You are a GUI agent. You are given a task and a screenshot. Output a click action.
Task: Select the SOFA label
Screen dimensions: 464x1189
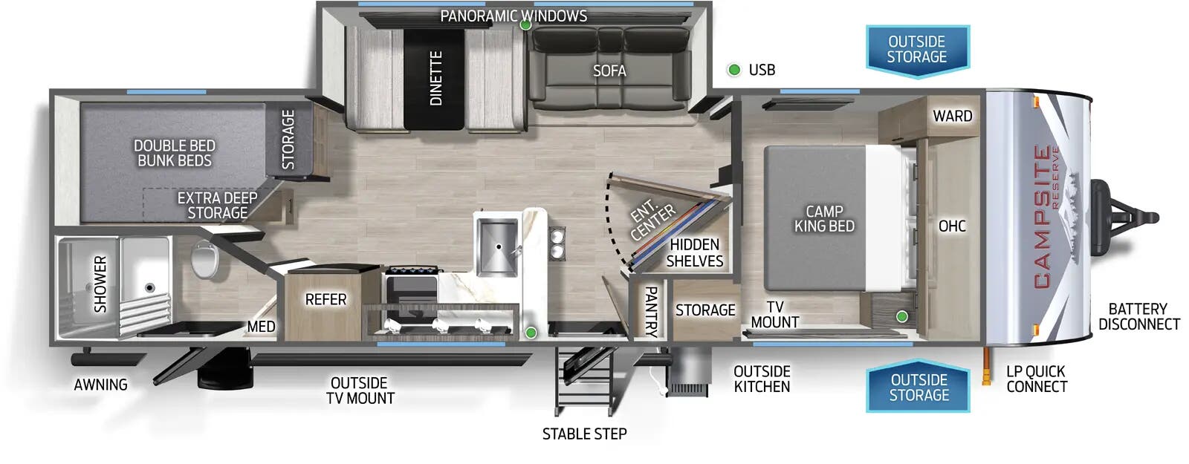[609, 71]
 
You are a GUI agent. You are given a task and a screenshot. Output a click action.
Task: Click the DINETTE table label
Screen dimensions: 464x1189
[436, 78]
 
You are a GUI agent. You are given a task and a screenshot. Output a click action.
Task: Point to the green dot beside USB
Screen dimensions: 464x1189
[734, 70]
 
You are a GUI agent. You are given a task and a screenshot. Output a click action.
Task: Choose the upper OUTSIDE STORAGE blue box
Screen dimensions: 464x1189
[917, 49]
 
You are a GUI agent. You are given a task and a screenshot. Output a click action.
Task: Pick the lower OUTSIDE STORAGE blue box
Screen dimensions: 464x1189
[919, 388]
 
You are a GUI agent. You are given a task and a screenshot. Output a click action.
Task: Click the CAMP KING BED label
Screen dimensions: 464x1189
[824, 218]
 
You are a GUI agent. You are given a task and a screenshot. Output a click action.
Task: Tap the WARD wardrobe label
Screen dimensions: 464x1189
[952, 116]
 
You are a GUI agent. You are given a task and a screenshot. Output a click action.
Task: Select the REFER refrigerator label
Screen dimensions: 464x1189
[325, 299]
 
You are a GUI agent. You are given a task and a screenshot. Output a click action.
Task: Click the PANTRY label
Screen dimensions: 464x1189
[650, 310]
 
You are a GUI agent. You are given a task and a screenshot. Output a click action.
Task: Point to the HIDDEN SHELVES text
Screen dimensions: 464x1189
[694, 252]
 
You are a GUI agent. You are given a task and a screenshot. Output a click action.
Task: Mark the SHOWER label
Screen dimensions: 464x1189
[100, 284]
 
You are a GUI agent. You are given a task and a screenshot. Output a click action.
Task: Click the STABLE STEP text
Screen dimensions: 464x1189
[584, 434]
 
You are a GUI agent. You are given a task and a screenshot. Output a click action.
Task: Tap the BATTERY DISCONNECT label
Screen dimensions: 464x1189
[1138, 316]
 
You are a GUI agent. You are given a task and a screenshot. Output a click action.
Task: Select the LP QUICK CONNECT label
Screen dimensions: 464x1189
[1036, 379]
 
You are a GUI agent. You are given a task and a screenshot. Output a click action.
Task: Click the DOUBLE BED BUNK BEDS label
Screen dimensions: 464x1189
[174, 153]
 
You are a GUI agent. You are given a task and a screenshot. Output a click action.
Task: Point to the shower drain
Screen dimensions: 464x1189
[149, 287]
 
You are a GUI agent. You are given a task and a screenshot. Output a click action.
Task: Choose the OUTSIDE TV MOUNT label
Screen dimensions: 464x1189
[360, 391]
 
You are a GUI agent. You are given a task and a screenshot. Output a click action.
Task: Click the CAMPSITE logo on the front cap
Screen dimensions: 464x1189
[1043, 217]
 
